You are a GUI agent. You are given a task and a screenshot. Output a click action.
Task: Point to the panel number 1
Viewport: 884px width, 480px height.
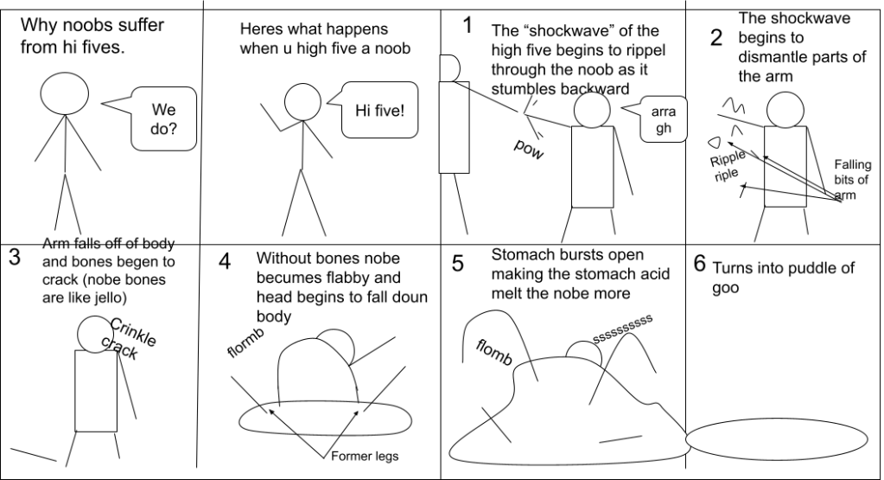point(467,25)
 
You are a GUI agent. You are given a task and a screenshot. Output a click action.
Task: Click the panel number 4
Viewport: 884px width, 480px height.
point(224,261)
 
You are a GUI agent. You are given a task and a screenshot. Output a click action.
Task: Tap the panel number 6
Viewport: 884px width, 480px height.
point(701,263)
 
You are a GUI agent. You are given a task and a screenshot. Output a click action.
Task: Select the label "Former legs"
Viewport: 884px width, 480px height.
point(363,456)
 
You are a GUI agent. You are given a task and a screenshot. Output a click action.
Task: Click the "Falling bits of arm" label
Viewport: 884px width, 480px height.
point(850,180)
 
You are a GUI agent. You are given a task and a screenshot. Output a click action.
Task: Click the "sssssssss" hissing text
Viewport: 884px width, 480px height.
point(621,328)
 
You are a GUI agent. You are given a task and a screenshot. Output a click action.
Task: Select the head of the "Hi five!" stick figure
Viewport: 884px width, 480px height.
point(303,100)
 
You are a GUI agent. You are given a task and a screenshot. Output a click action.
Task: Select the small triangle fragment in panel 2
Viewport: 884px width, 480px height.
point(715,142)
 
